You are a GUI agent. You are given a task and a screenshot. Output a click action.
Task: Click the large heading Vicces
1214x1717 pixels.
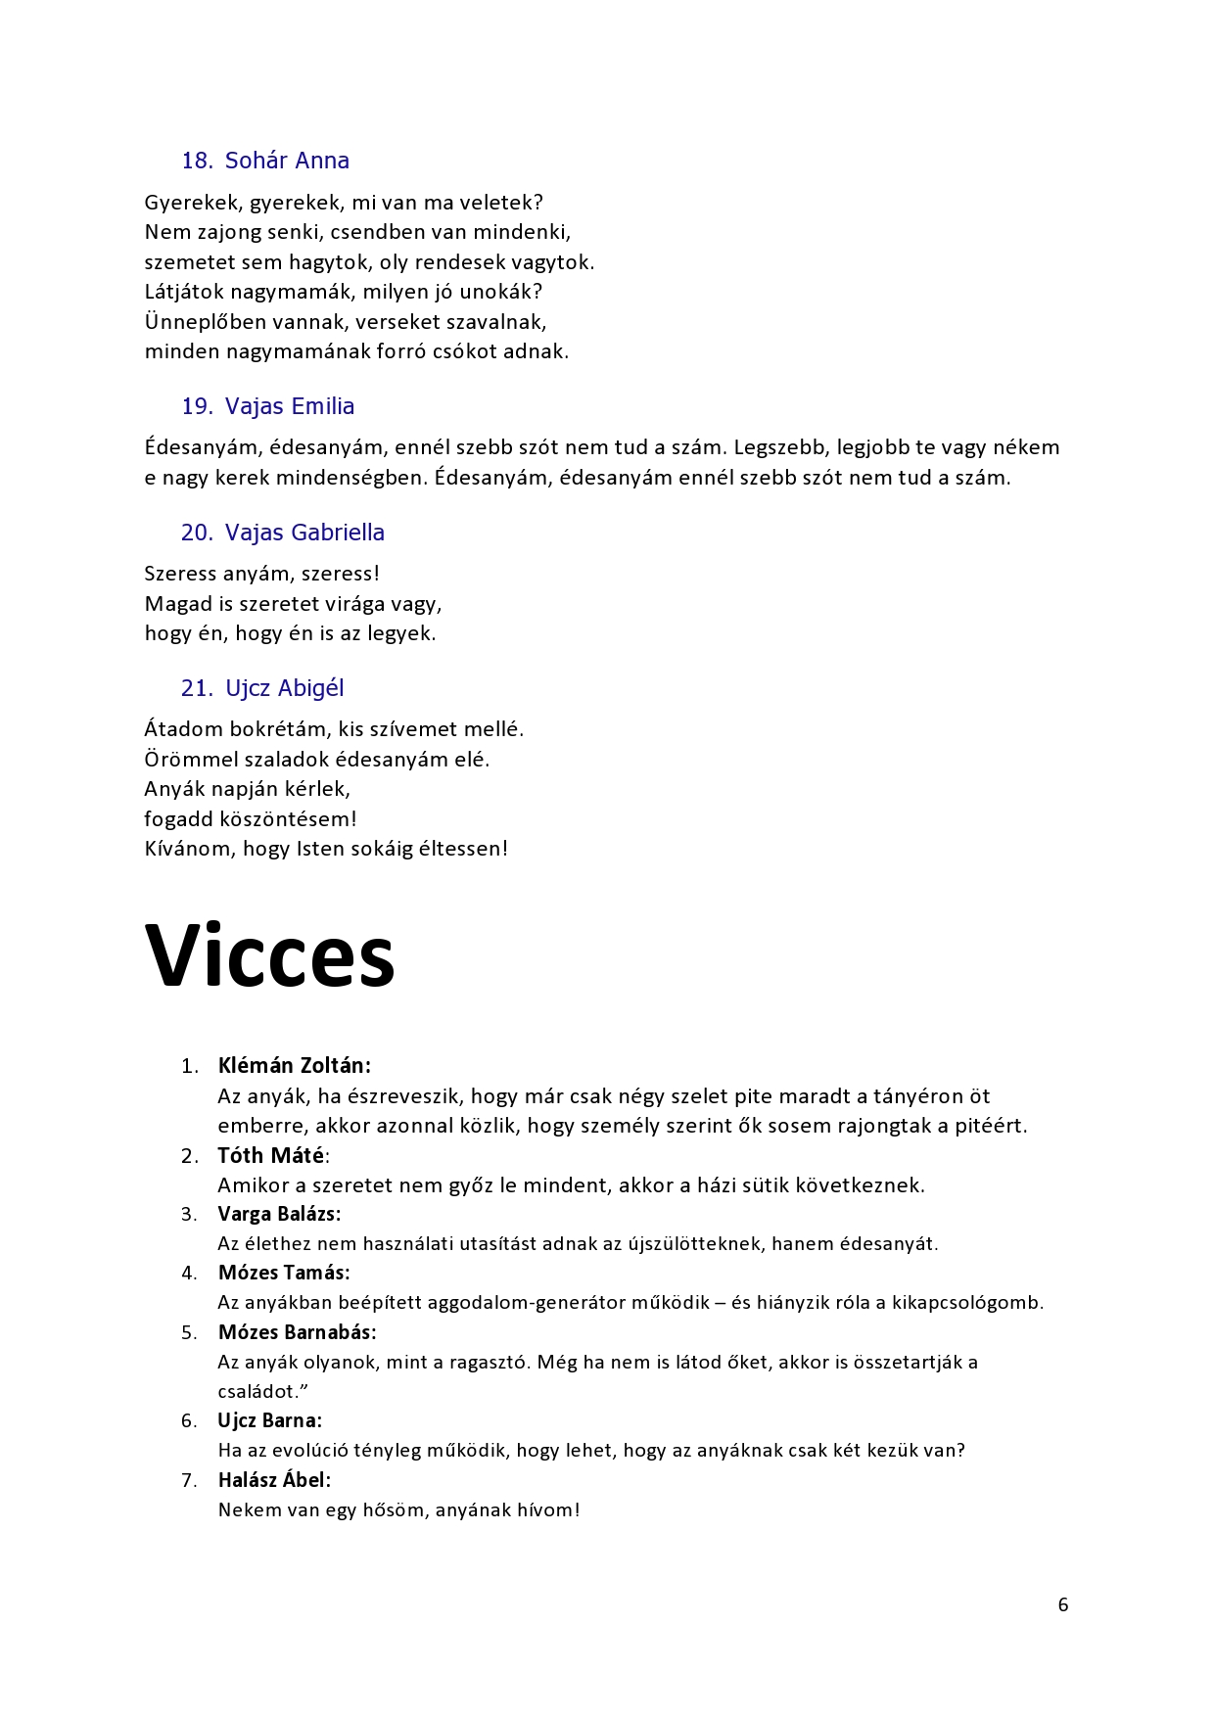[269, 956]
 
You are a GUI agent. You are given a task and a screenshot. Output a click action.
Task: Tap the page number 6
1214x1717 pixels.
[1063, 1604]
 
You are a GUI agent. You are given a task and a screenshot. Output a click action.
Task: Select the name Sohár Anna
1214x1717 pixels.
[287, 161]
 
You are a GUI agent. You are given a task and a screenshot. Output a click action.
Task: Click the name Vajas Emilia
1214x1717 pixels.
[290, 406]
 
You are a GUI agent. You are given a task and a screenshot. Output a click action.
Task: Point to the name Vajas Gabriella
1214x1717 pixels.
[304, 533]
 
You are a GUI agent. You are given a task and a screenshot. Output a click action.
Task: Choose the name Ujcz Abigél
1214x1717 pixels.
[285, 688]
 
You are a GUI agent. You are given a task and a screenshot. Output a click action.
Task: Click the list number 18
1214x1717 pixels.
[197, 161]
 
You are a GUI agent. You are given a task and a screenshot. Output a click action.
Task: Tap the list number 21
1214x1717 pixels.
[196, 688]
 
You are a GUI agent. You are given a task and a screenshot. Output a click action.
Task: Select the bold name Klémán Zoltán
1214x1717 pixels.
[294, 1065]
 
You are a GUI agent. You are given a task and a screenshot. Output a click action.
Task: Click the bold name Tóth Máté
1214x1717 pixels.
[271, 1155]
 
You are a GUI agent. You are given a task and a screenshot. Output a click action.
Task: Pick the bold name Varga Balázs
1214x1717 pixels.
[278, 1214]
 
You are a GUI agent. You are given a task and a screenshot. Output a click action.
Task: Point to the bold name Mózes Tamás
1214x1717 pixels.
[283, 1273]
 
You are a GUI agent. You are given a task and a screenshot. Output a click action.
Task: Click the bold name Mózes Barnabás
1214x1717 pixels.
[297, 1332]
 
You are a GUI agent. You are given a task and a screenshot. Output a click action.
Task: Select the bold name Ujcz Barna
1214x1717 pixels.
[268, 1420]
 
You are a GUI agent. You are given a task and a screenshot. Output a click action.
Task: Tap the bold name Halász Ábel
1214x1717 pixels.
[273, 1480]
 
